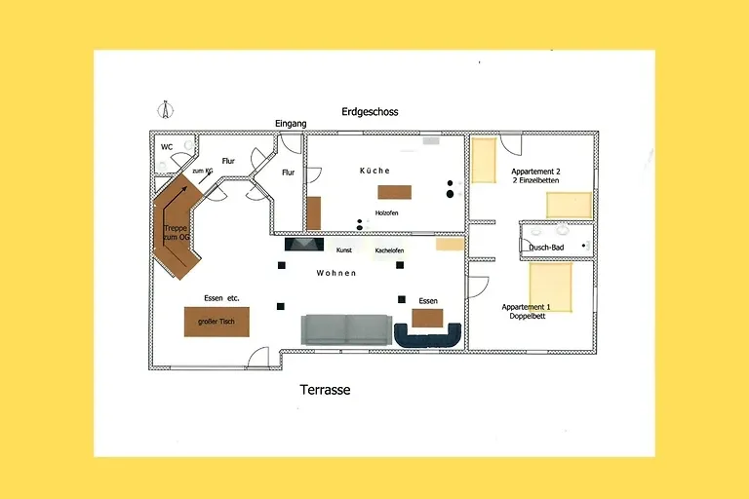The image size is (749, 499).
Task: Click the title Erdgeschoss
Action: [x=370, y=112]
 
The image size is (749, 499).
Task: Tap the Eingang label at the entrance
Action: [x=291, y=124]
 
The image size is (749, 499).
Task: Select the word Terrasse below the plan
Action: [x=324, y=390]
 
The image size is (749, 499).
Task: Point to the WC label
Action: [x=167, y=147]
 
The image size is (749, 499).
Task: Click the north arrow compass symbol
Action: [x=165, y=108]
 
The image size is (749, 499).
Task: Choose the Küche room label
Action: [x=374, y=171]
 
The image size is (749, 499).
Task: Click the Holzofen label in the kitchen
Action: [x=386, y=212]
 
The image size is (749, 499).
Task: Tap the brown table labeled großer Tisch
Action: [x=217, y=322]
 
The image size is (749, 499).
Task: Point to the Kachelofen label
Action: [x=389, y=250]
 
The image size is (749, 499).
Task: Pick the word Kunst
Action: [x=343, y=250]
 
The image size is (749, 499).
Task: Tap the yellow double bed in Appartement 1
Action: [x=551, y=285]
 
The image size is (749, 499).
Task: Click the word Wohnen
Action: [x=336, y=274]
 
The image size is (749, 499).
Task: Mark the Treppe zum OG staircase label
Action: [x=177, y=233]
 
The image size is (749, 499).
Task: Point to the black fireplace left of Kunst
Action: [x=304, y=246]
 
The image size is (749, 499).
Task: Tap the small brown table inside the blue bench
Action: [x=427, y=318]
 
